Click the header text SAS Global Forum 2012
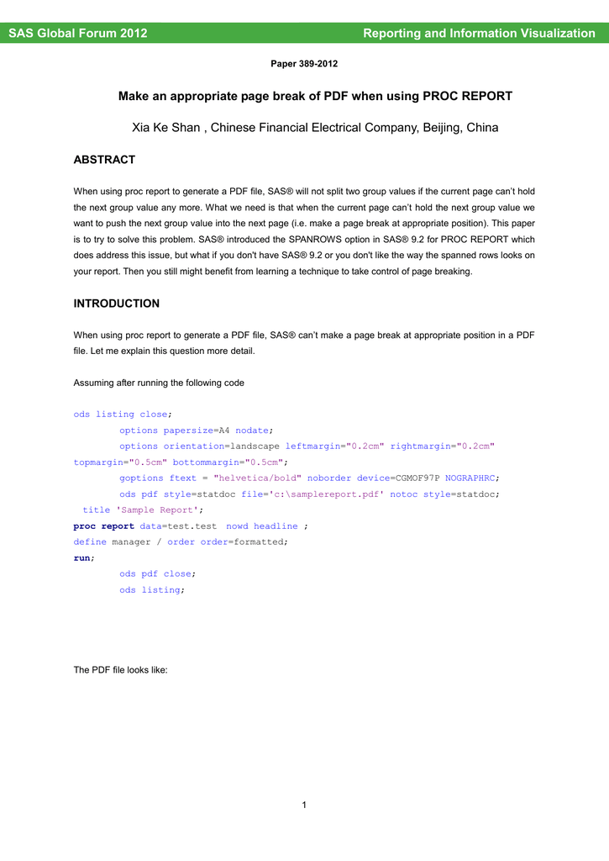coord(78,34)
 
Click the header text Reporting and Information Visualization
coord(479,34)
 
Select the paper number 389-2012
coord(304,64)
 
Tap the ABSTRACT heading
coord(104,160)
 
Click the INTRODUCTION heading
coord(117,304)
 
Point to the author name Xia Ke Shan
coord(166,128)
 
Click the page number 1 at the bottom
coord(304,806)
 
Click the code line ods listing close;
coord(122,414)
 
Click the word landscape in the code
coord(255,446)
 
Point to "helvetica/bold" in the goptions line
coord(259,478)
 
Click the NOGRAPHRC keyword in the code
coord(470,478)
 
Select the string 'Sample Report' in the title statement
coord(157,510)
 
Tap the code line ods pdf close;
coord(157,573)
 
